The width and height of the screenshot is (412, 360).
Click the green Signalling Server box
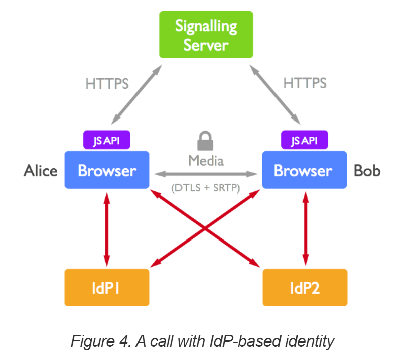coord(206,35)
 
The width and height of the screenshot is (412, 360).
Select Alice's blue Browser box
coord(107,170)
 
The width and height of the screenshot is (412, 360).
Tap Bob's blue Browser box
coord(303,170)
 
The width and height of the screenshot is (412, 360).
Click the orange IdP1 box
coord(107,288)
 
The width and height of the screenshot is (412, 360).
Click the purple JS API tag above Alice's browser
coord(106,140)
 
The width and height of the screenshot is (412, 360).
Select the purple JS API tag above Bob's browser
coord(303,140)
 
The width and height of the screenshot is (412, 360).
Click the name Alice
coord(40,171)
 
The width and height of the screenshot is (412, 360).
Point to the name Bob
coord(367,171)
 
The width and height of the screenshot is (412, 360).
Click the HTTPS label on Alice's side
coord(107,83)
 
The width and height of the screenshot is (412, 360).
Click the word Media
coord(206,161)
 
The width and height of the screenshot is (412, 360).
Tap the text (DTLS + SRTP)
coord(206,188)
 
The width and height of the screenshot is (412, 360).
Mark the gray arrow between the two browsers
coord(206,174)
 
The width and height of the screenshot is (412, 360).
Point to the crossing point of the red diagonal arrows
coord(206,229)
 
